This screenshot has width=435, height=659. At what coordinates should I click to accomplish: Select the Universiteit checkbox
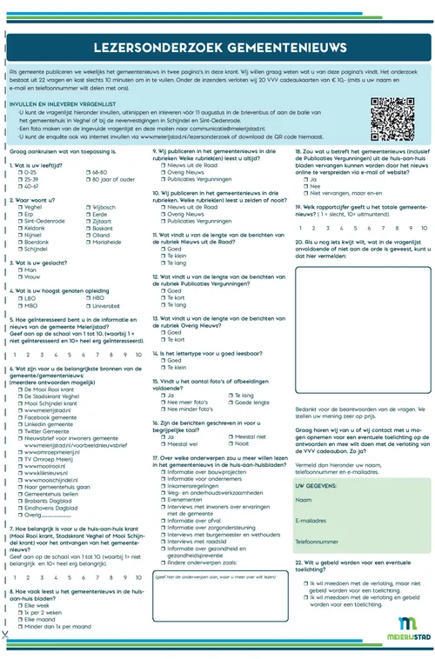tap(89, 306)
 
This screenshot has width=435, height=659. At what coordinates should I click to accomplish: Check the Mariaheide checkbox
tap(89, 243)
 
